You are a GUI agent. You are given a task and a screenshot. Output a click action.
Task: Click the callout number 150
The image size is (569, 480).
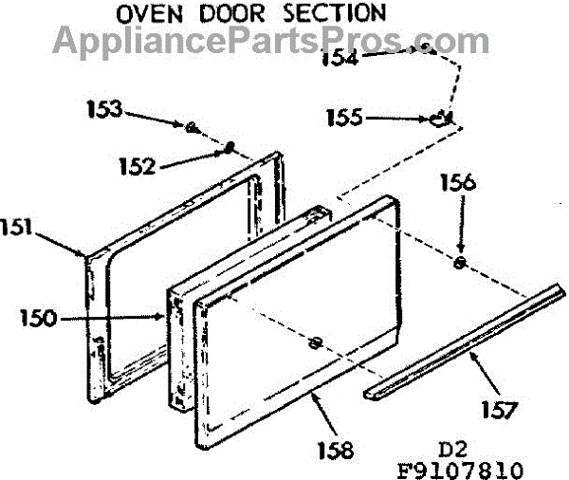pyautogui.click(x=38, y=318)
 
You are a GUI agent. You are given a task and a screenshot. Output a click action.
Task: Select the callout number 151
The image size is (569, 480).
pyautogui.click(x=20, y=228)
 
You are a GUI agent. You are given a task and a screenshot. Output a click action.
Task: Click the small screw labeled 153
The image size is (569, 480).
pyautogui.click(x=191, y=125)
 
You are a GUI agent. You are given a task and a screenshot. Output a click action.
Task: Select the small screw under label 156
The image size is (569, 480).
pyautogui.click(x=460, y=263)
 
